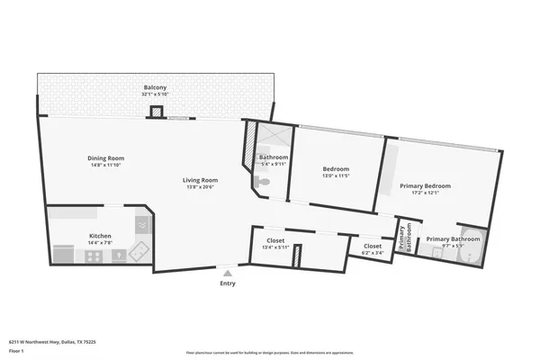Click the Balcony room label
[x=154, y=87]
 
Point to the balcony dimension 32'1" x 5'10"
[x=154, y=94]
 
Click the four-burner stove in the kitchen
[x=94, y=256]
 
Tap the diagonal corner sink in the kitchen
[x=139, y=251]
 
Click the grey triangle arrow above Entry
[x=228, y=273]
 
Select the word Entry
[x=228, y=283]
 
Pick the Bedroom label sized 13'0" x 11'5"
[x=336, y=169]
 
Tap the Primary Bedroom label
[x=425, y=185]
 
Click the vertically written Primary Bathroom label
[x=405, y=236]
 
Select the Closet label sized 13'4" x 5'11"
[x=274, y=240]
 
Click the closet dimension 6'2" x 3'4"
[x=372, y=253]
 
